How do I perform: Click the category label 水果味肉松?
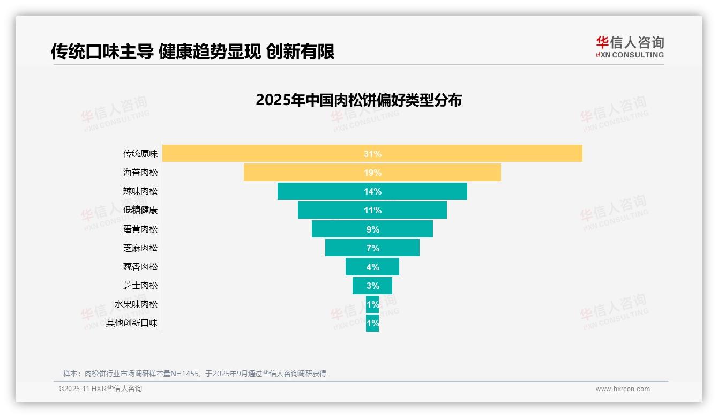[x=136, y=304]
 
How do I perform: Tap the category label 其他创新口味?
[x=132, y=323]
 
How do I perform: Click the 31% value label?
[x=372, y=154]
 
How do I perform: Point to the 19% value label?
[x=372, y=173]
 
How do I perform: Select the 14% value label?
[x=372, y=191]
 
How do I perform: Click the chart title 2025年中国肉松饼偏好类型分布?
[x=358, y=100]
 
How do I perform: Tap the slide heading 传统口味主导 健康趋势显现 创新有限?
[x=193, y=51]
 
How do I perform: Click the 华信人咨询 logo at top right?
[x=630, y=47]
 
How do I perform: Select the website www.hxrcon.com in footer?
[x=623, y=389]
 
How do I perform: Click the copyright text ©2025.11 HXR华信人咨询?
[x=100, y=389]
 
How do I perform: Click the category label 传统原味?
[x=140, y=153]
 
